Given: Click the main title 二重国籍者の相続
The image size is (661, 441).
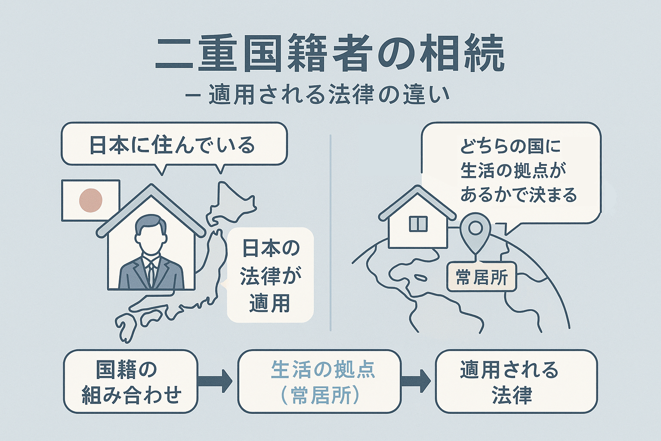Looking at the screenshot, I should click(329, 55).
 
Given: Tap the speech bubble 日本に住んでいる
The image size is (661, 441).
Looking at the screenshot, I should click(173, 145).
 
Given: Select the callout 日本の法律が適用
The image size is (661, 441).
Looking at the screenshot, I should click(270, 275).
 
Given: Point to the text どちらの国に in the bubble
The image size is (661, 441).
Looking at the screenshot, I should click(510, 146).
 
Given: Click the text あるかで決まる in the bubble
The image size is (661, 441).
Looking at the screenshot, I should click(519, 195).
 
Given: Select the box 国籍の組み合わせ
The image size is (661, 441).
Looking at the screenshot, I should click(130, 382).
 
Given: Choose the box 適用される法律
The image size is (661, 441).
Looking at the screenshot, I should click(516, 382).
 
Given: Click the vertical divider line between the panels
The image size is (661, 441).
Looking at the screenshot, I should click(330, 233).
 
